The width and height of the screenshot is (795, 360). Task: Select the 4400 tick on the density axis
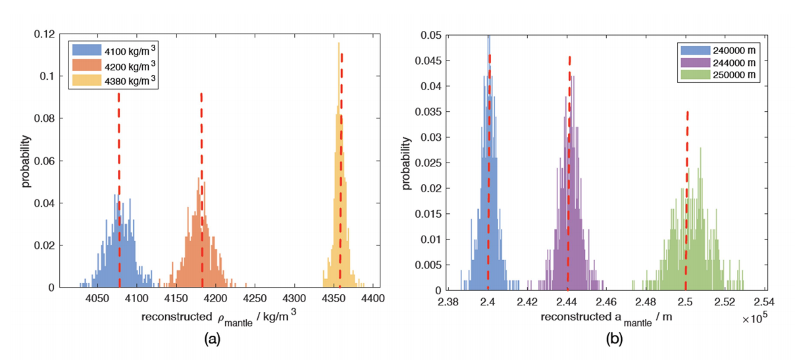(372, 298)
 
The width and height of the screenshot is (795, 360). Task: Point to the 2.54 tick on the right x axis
(765, 302)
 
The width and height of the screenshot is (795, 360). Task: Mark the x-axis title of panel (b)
(610, 318)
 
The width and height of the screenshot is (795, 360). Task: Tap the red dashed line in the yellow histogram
(341, 165)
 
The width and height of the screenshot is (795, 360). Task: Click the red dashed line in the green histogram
(686, 197)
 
